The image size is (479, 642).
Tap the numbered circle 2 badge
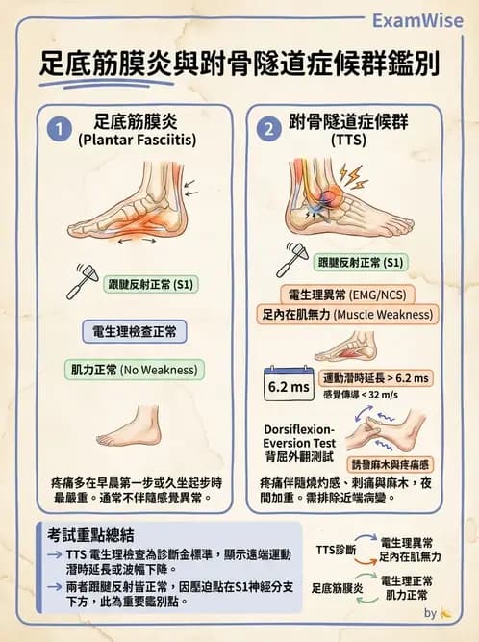268,128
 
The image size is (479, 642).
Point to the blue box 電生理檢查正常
134,331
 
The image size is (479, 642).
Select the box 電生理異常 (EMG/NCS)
344,294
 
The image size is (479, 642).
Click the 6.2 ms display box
287,386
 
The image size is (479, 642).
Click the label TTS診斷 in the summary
335,550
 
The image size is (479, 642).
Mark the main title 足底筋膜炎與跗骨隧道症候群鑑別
239,64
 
